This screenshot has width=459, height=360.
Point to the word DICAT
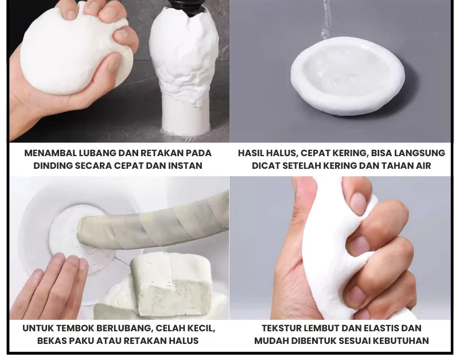(x=264, y=166)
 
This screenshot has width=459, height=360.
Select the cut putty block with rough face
(x=171, y=285)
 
